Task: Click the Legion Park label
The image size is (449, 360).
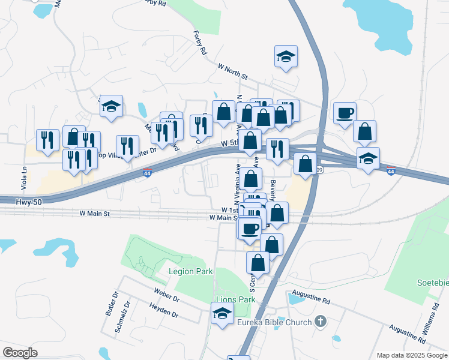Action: (x=191, y=271)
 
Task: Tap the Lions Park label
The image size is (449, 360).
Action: (x=235, y=299)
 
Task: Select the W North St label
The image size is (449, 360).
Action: (x=232, y=74)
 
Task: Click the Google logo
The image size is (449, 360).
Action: (x=20, y=353)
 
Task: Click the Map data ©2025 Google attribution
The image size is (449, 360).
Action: (x=412, y=355)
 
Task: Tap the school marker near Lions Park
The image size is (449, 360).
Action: (x=222, y=313)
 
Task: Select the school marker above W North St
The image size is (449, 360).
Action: (x=286, y=58)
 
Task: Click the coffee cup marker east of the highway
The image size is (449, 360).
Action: (x=345, y=113)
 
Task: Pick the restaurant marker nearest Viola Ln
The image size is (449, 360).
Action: (x=47, y=140)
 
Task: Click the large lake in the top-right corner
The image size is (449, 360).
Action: (x=396, y=24)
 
